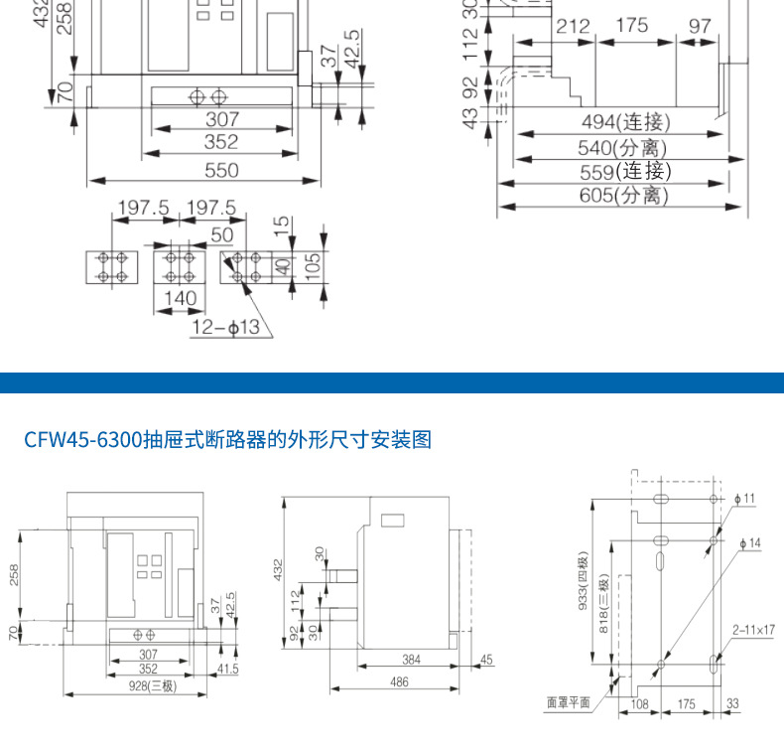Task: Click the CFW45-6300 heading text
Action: tap(228, 439)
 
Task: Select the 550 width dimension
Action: tap(220, 170)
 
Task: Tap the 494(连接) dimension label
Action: tap(625, 122)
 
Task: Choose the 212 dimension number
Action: tap(572, 26)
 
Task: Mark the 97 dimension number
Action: tap(701, 26)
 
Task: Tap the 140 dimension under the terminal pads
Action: tap(181, 297)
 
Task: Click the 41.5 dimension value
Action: tap(228, 670)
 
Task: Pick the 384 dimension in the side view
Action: tap(411, 659)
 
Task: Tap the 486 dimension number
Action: tap(398, 682)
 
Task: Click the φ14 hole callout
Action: tap(752, 543)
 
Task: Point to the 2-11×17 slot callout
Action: tap(753, 629)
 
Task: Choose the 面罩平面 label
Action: tap(569, 702)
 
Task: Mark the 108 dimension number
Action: tap(640, 703)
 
